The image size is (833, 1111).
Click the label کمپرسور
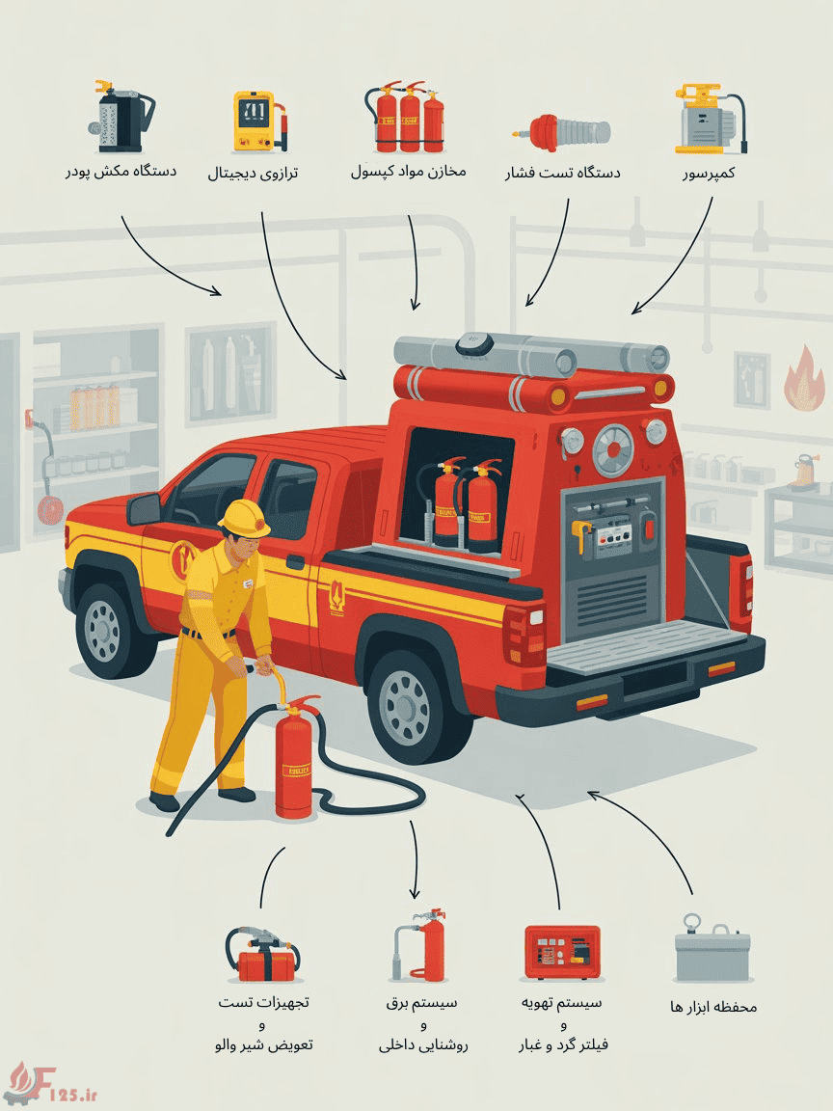click(709, 173)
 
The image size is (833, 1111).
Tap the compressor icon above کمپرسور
click(710, 119)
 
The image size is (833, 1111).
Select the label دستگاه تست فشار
click(562, 173)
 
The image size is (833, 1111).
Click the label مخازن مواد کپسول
click(409, 171)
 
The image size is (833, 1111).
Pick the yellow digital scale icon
click(259, 121)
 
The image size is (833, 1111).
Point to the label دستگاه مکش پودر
click(121, 172)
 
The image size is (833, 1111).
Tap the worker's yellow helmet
click(244, 518)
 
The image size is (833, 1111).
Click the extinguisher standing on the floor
click(295, 757)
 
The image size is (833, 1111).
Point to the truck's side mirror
click(145, 509)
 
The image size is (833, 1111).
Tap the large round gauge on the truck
click(612, 450)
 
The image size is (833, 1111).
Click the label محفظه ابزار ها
click(713, 1007)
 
